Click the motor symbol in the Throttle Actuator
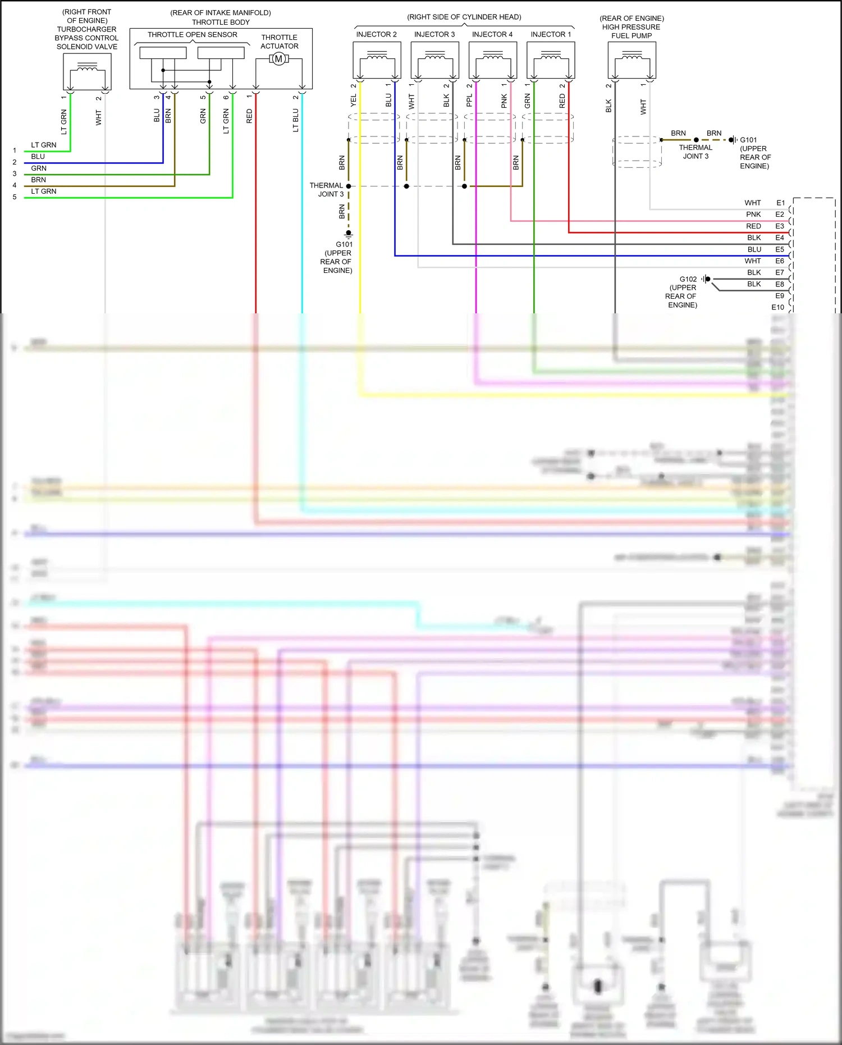278,59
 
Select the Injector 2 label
376,34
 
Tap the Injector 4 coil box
492,60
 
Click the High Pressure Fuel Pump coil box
631,60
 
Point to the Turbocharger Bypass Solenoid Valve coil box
87,71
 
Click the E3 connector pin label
780,226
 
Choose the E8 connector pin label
780,284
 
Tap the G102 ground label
688,279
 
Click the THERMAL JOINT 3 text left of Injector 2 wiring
326,190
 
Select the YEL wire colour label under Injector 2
353,101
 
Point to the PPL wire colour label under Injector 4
469,101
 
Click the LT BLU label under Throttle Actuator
295,121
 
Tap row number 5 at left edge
15,197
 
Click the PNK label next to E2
753,215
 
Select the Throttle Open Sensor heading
192,35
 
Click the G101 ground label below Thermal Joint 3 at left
344,244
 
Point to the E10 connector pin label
777,307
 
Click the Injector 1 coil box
551,60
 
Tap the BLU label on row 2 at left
38,157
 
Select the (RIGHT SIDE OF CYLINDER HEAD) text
464,17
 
